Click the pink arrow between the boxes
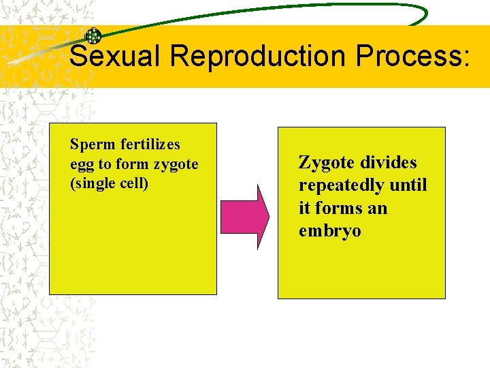coord(246,216)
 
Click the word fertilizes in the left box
coord(150,144)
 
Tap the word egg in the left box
coord(81,165)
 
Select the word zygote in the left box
coord(176,165)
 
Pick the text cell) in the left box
coord(133,184)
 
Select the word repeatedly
coord(340,185)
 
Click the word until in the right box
coord(407,185)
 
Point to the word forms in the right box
coord(340,208)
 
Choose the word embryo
coord(329,231)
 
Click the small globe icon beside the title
coord(93,37)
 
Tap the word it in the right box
coord(304,208)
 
